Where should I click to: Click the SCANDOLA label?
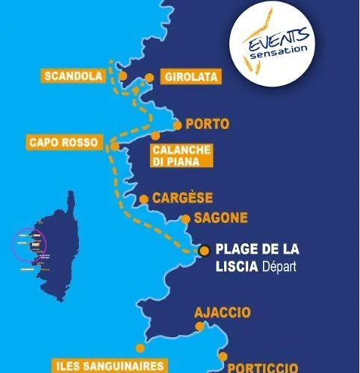pos(73,76)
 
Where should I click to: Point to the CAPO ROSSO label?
pos(63,142)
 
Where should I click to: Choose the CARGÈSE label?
pos(182,198)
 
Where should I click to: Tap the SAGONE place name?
pos(220,219)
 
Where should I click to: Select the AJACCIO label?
pos(223,313)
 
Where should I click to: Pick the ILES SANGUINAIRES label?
pos(110,366)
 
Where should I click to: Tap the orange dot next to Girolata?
pos(149,78)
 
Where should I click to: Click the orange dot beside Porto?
pos(177,125)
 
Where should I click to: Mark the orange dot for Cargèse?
pos(143,199)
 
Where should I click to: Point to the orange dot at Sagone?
pos(186,219)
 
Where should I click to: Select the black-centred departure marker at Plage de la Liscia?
pos(203,251)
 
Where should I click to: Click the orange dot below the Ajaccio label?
pos(199,327)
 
